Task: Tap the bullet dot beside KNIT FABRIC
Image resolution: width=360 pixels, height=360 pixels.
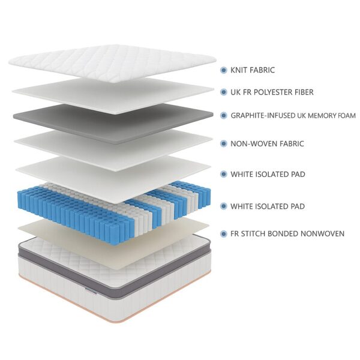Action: tap(223, 70)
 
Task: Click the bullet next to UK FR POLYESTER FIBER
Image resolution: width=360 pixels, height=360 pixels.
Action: tap(223, 92)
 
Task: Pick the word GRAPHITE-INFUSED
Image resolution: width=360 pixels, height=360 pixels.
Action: tap(262, 115)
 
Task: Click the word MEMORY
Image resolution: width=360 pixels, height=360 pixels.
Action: tap(322, 115)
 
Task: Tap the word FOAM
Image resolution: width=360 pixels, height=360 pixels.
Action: tap(347, 115)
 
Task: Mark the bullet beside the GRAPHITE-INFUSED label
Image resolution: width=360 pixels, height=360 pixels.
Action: tap(223, 115)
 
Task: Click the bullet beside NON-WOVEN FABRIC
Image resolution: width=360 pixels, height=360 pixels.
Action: tap(223, 144)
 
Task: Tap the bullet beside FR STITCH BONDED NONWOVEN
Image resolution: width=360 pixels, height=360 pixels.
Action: tap(223, 233)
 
